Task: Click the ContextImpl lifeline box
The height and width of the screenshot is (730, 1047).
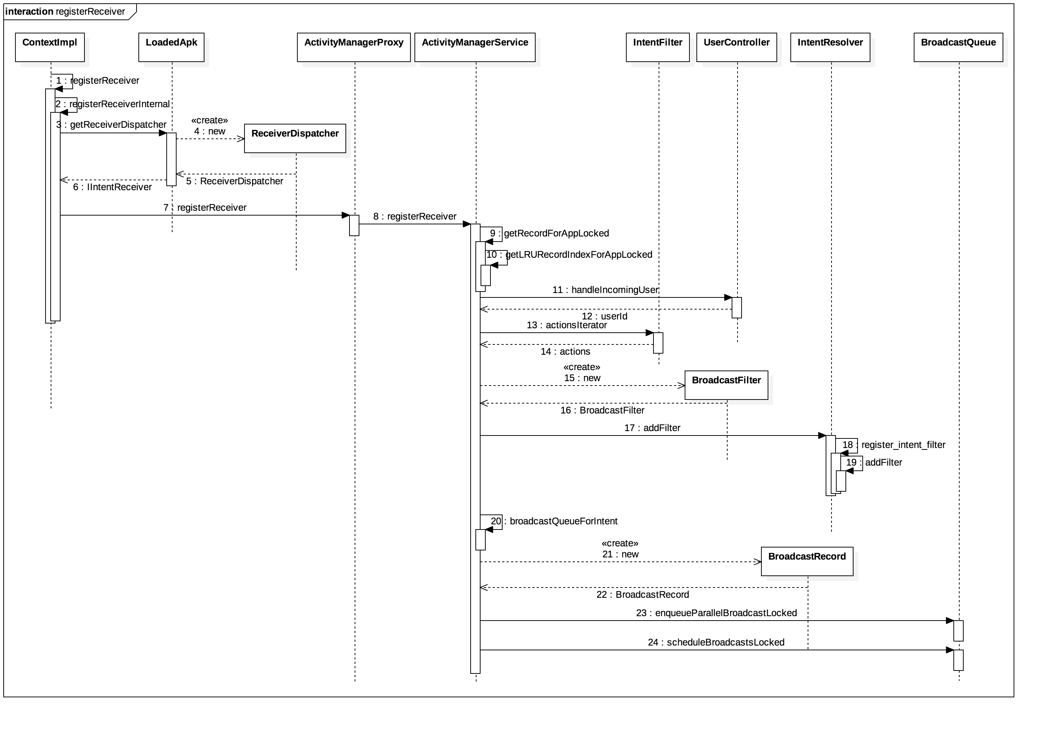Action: coord(50,47)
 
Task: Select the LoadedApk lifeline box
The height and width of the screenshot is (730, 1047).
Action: coord(171,47)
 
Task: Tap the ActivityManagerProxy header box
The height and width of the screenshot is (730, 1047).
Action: coord(354,47)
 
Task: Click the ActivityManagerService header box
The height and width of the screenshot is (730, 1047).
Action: coord(475,47)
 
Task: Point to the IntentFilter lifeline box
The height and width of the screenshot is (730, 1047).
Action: coord(657,47)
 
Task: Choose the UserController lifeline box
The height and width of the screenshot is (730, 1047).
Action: coord(736,47)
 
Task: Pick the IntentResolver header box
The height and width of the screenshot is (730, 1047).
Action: coord(830,47)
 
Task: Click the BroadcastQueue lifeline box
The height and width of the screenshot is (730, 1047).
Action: coord(958,47)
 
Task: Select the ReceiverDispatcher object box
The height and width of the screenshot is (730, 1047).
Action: coord(295,138)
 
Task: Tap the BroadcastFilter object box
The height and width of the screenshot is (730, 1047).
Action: coord(726,385)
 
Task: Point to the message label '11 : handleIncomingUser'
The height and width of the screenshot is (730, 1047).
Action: coord(605,290)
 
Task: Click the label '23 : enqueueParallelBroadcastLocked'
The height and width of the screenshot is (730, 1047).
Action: coord(716,613)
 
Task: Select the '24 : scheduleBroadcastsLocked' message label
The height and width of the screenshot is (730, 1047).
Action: coord(716,642)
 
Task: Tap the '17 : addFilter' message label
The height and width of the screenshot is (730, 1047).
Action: coord(652,428)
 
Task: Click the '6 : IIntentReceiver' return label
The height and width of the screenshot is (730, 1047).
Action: coord(112,187)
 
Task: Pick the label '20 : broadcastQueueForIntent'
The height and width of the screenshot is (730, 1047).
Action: coord(554,521)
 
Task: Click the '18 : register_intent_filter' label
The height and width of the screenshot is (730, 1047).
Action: coord(894,445)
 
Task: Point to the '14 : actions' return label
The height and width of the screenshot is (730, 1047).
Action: coord(565,351)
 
